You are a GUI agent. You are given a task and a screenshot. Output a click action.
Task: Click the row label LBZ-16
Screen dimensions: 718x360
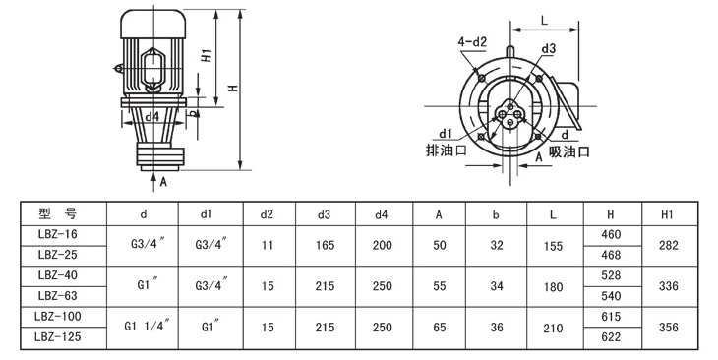(58, 234)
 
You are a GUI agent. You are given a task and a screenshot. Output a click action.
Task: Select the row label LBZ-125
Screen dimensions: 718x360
(58, 336)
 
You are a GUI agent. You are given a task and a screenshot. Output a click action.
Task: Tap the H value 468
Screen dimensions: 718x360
(611, 255)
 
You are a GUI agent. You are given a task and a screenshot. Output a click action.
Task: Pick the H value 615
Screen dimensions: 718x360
(611, 317)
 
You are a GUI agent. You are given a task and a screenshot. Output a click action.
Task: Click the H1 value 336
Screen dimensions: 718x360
(668, 286)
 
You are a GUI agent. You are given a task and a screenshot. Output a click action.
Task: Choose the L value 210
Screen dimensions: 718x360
(553, 328)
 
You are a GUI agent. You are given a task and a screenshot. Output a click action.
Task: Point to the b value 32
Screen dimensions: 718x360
(497, 246)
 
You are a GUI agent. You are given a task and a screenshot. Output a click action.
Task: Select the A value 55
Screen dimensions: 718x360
(439, 286)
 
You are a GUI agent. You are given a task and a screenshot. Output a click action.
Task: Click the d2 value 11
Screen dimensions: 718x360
(268, 246)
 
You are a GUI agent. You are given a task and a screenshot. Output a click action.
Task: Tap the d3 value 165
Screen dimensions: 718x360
(325, 246)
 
